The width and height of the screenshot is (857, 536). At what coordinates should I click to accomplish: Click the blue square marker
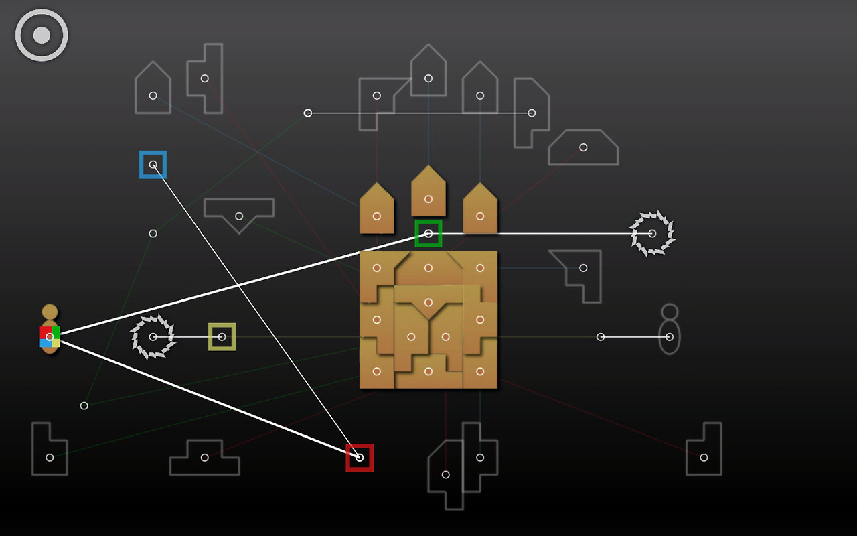coord(153,165)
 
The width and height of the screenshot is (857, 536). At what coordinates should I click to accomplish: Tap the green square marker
coord(428,233)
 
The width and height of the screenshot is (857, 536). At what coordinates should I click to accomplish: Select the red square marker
coord(360,458)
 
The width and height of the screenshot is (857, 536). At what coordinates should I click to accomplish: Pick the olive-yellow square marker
coord(222,336)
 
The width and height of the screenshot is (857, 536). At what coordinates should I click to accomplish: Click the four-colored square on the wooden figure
coord(50,337)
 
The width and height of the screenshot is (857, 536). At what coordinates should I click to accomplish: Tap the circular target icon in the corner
coord(42,35)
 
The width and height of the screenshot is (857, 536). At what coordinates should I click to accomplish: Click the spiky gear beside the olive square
coord(153,336)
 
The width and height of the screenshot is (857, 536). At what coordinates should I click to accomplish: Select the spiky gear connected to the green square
coord(652,233)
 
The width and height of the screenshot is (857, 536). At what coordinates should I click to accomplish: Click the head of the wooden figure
coord(50,312)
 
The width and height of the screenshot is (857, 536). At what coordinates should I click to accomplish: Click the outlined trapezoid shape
coord(583,148)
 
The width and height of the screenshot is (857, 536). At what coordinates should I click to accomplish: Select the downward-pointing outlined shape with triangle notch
coord(239,213)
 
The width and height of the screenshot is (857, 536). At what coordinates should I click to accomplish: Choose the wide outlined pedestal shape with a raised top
coord(205,458)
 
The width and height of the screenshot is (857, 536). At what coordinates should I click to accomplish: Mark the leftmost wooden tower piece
coord(377,210)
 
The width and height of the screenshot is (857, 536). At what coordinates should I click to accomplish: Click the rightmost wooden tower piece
coord(480,210)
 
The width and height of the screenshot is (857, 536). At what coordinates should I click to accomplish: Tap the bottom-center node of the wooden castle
coord(428,371)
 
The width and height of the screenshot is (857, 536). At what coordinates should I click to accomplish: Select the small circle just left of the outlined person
coord(601,336)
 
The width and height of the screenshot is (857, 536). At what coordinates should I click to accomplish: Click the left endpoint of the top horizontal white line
coord(308,113)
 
